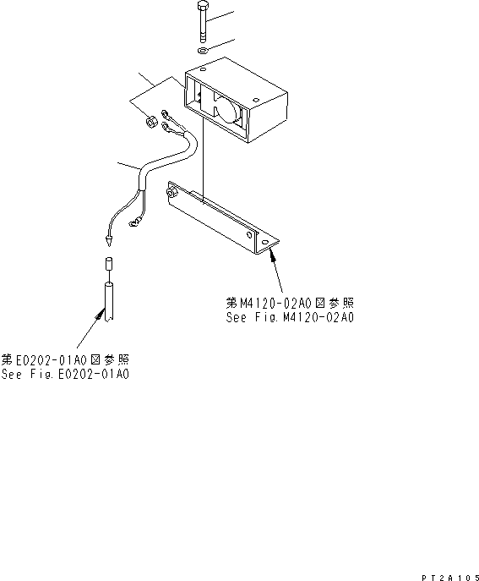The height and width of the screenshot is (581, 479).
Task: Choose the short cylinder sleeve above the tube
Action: tap(108, 265)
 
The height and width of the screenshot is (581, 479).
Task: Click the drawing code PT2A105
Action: tap(445, 574)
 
